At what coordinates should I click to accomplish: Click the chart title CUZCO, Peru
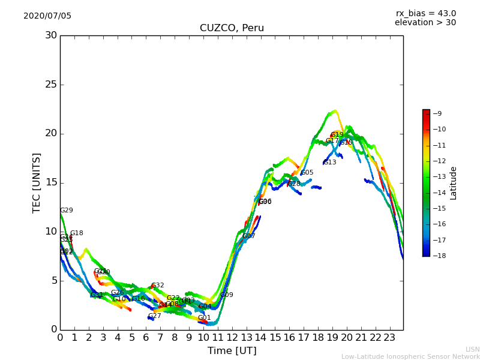(x=232, y=28)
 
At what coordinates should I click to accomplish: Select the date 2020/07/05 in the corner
(x=47, y=16)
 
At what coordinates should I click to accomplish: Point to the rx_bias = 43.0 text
(x=425, y=13)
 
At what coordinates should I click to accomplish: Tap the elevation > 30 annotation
(x=425, y=23)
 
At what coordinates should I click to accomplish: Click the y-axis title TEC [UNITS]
(x=37, y=182)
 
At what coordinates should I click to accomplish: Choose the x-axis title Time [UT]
(x=232, y=350)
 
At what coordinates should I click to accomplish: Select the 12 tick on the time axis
(x=232, y=337)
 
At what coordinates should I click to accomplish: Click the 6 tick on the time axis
(x=146, y=337)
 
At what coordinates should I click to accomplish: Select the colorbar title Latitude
(x=453, y=183)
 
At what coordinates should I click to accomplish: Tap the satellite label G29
(x=66, y=211)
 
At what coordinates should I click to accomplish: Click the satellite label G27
(x=154, y=316)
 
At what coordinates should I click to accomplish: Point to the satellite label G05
(x=307, y=173)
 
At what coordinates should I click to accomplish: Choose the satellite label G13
(x=330, y=163)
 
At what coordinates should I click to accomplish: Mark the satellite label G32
(x=157, y=286)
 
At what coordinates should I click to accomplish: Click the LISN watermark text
(x=472, y=349)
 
